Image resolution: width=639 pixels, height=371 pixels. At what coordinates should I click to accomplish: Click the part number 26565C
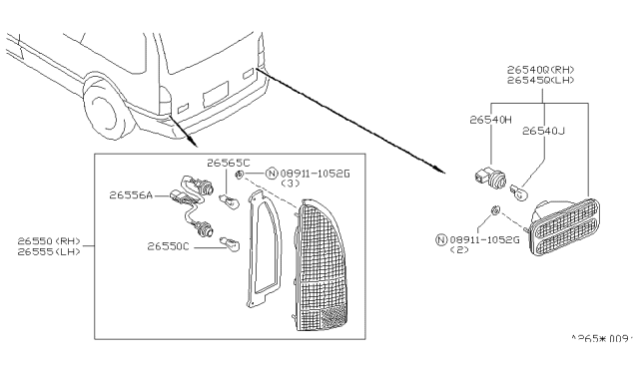(x=229, y=163)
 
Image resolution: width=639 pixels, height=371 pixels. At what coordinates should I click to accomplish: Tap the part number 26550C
(x=169, y=245)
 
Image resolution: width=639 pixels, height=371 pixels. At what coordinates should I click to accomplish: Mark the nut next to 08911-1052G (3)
(x=241, y=174)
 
